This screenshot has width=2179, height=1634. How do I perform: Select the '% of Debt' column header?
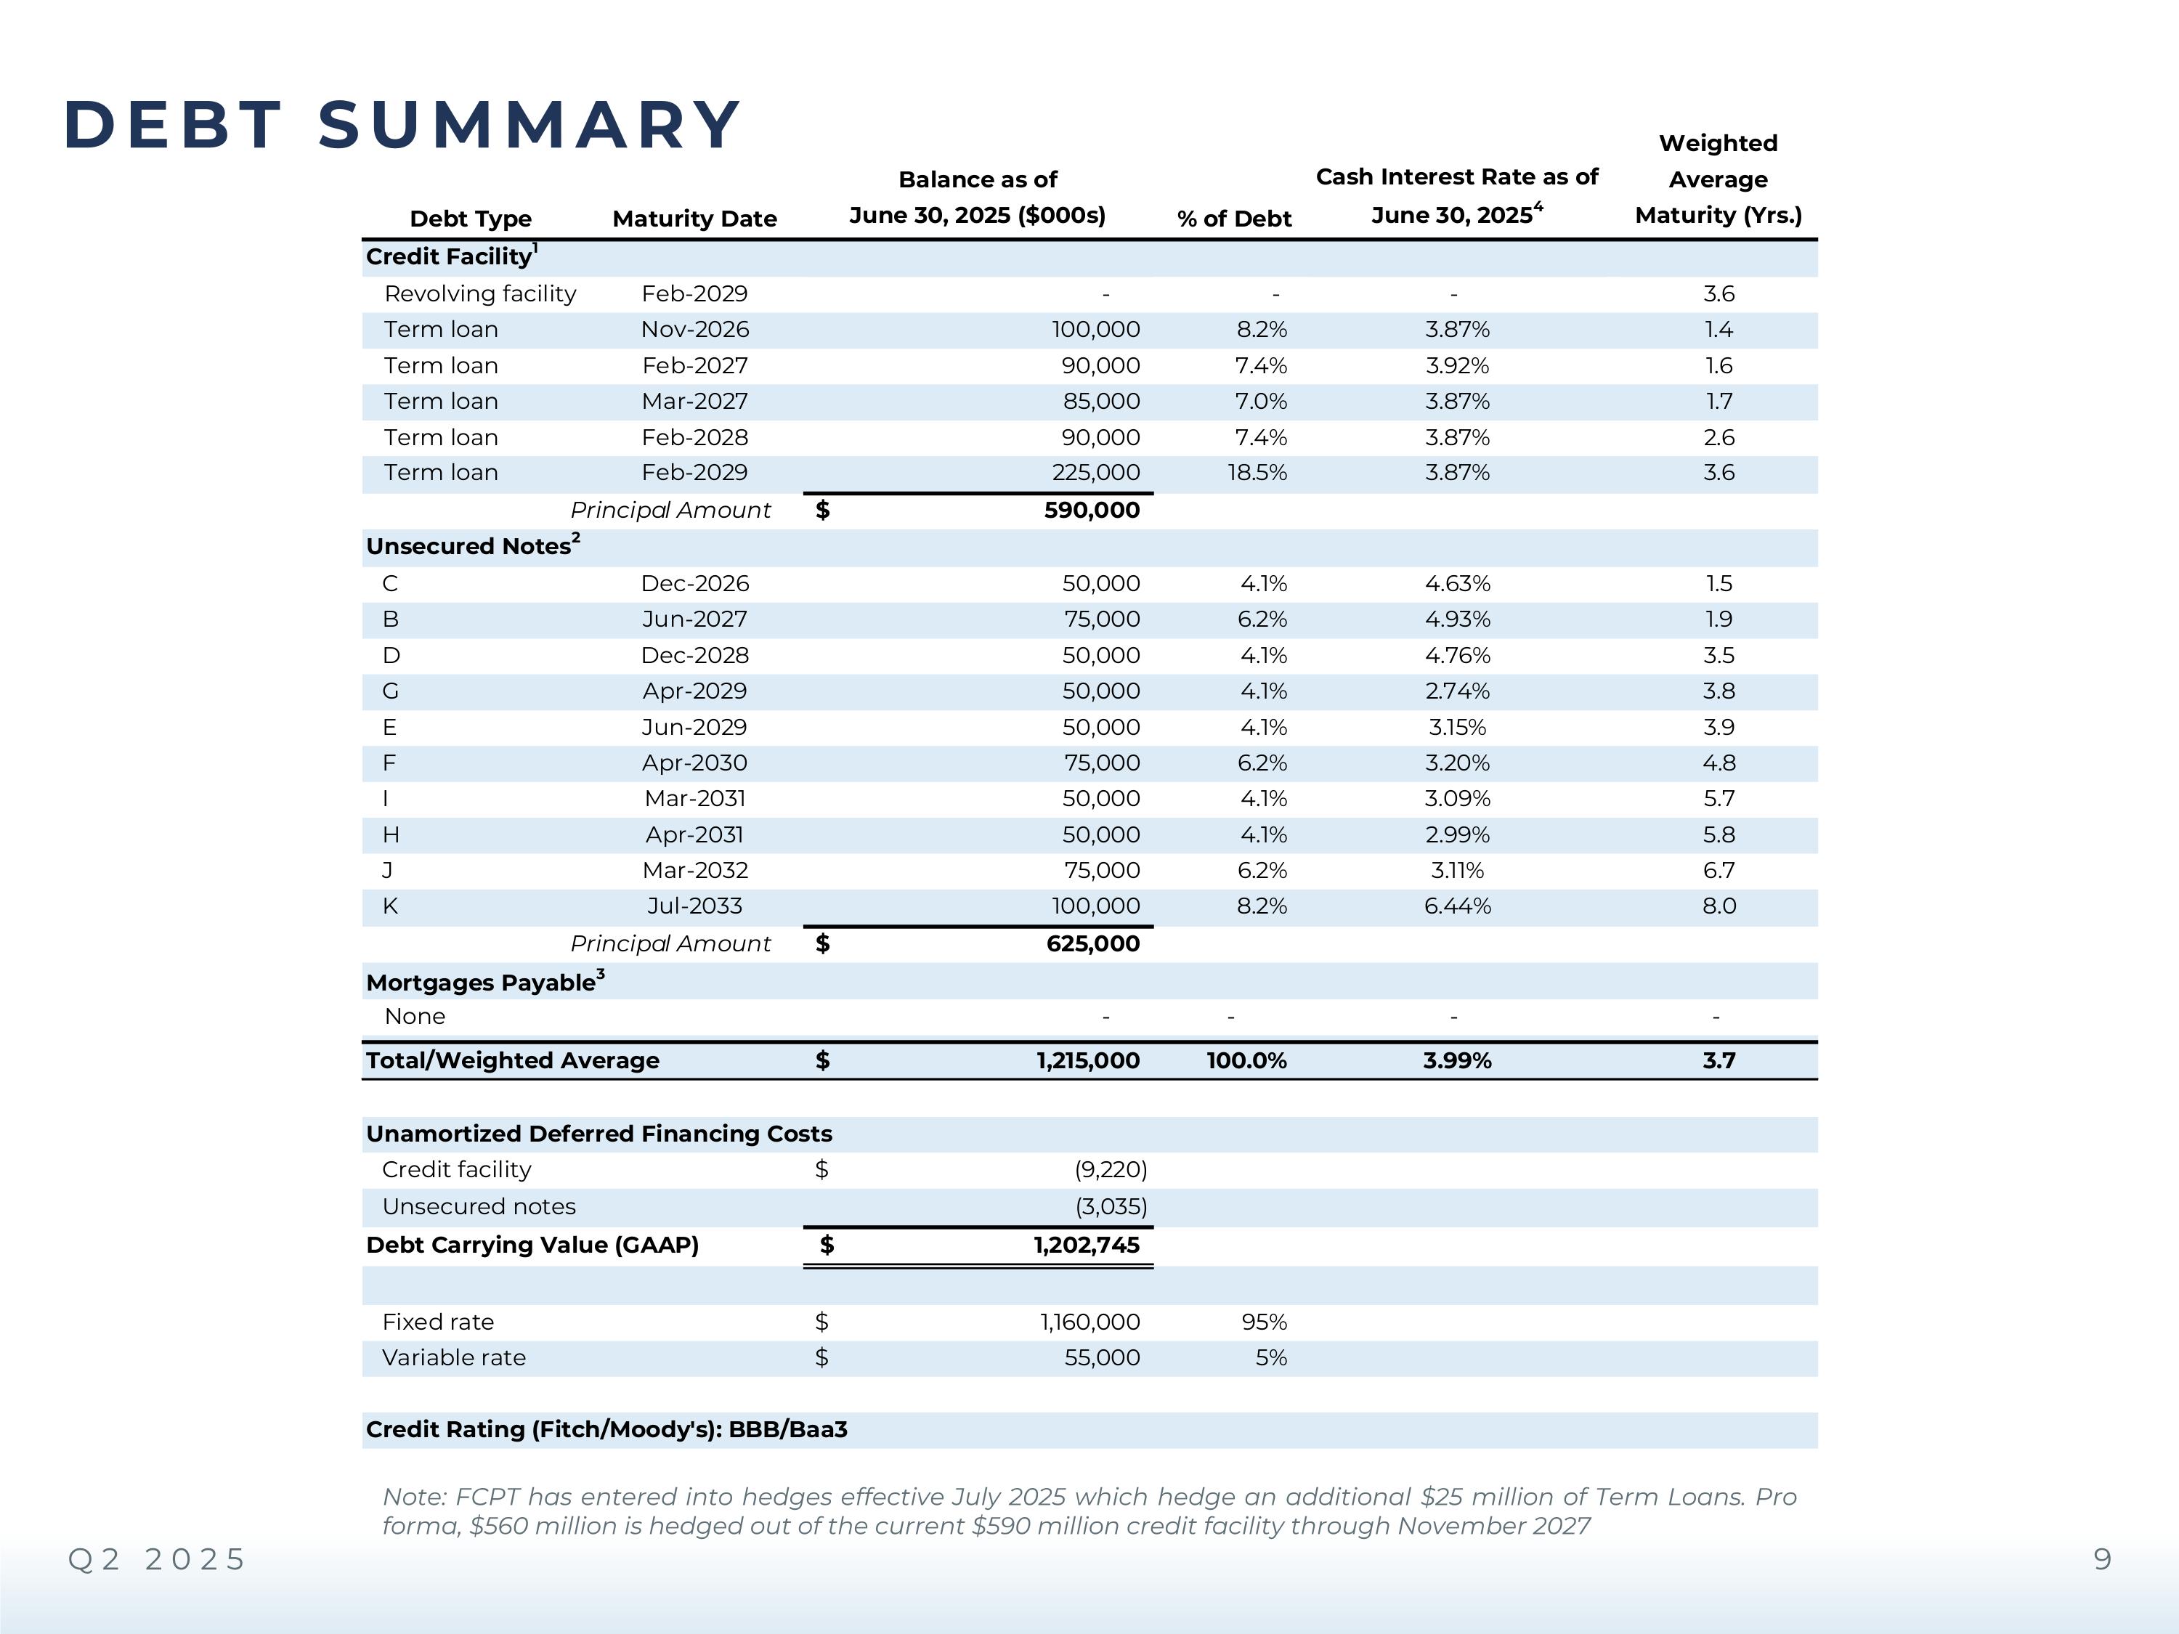point(1233,219)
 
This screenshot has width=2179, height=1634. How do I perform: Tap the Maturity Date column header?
point(694,219)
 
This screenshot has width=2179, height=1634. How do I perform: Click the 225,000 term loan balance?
point(1095,473)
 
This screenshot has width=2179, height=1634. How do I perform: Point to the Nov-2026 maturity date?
point(694,329)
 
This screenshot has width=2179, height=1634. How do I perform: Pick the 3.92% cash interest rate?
point(1457,365)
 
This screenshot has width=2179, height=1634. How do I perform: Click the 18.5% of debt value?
point(1257,473)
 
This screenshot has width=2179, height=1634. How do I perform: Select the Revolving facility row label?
point(479,293)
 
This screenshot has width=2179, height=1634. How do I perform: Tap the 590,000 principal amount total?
point(1092,511)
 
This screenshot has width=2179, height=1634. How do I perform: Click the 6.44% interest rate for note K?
point(1457,906)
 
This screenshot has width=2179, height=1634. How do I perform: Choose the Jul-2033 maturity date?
point(694,906)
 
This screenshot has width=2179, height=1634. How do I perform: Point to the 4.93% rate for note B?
point(1457,619)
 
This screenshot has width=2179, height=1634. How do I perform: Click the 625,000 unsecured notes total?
point(1092,943)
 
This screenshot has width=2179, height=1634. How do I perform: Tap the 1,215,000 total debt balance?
point(1087,1061)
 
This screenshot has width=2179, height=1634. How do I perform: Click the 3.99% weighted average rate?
point(1457,1061)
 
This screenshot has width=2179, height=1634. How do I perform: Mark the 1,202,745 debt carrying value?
point(1087,1245)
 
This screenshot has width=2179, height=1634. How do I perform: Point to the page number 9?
point(2102,1559)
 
